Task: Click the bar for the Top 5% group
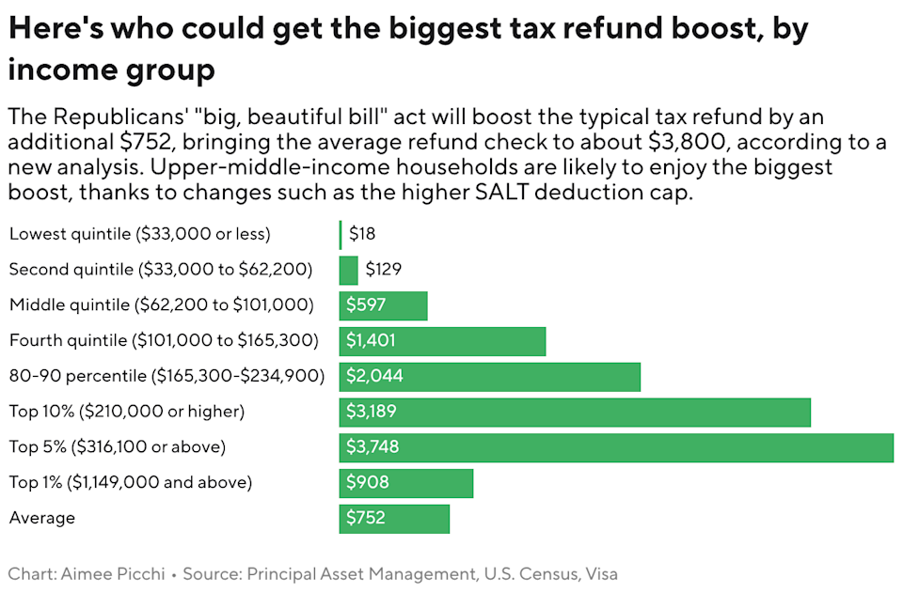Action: coord(616,447)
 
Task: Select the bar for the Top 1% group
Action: coord(405,483)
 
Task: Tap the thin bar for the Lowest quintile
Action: coord(341,234)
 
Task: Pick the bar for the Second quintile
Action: coord(348,270)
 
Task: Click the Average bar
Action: coord(394,518)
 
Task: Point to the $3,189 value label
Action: coord(369,412)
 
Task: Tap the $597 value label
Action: coord(365,304)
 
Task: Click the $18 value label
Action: coord(361,234)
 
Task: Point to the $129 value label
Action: coord(383,270)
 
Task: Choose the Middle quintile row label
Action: coord(161,304)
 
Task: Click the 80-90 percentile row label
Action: coord(166,376)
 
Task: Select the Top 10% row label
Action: coord(127,412)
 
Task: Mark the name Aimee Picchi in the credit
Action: coord(125,573)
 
